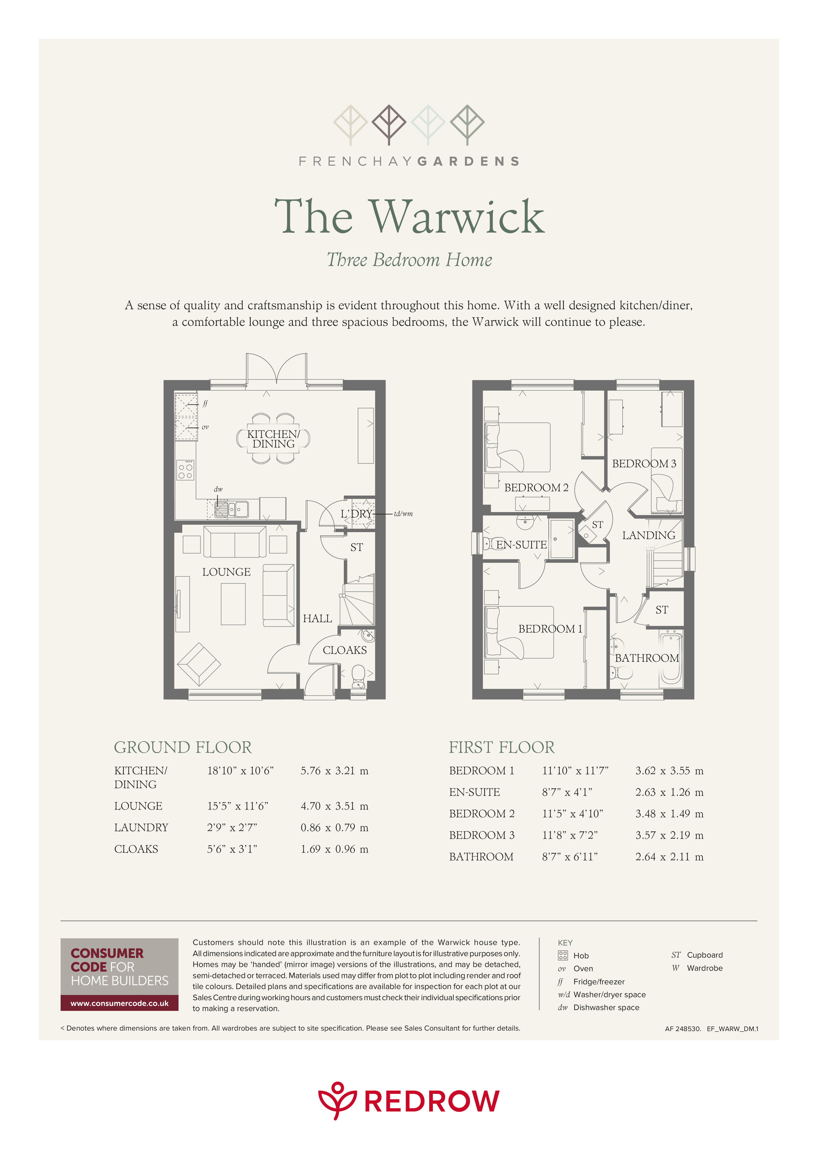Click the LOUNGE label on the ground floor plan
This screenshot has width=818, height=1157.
pos(226,572)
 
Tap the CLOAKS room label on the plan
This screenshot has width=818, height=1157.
pos(345,650)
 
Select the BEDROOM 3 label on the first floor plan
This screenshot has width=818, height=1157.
pos(644,464)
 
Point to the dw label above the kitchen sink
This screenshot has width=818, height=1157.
pos(218,489)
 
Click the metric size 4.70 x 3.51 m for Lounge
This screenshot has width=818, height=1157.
pos(334,806)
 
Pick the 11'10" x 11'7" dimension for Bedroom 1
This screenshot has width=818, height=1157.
pos(575,771)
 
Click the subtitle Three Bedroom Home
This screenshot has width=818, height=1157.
pos(409,260)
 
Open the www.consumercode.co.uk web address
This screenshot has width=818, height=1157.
pos(119,1003)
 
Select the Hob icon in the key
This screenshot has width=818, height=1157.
pos(563,955)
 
